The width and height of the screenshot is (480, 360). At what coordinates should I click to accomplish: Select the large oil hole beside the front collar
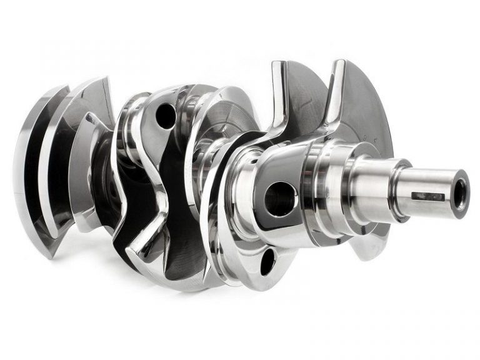280,199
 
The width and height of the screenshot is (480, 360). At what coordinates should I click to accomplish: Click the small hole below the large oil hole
267,261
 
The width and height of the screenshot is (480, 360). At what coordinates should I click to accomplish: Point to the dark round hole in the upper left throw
166,116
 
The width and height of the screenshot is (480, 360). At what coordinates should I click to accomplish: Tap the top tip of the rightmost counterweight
341,62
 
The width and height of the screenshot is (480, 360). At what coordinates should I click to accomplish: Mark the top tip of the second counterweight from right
279,64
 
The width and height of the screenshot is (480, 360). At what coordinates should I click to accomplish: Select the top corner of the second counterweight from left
103,80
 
